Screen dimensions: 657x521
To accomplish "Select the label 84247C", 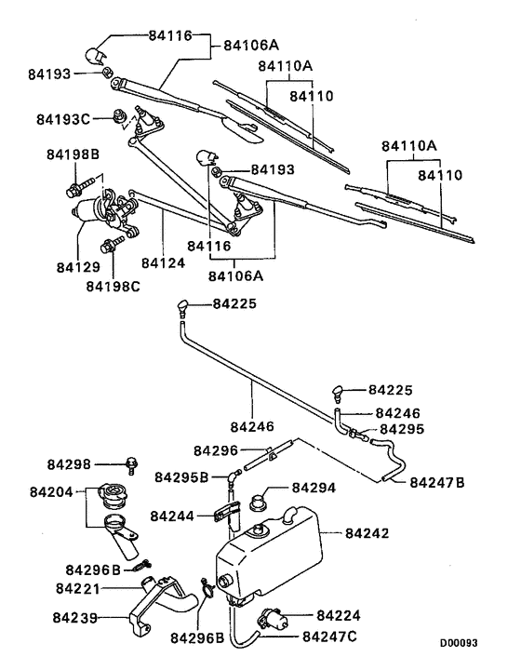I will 332,637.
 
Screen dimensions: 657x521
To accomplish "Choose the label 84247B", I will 438,481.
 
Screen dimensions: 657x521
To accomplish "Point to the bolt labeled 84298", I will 134,463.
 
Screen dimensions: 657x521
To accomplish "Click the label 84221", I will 80,588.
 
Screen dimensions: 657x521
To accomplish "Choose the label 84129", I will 77,267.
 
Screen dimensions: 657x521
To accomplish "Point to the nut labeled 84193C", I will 117,116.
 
